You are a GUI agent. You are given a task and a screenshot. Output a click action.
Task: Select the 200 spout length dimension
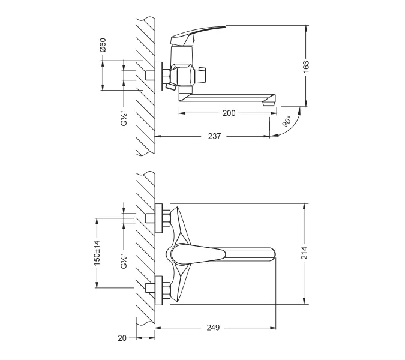point(229,113)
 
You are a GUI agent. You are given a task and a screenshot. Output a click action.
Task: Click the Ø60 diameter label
point(103,46)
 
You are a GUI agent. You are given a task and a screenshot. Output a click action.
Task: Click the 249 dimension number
point(213,328)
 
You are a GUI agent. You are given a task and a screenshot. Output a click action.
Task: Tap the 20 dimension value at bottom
point(122,338)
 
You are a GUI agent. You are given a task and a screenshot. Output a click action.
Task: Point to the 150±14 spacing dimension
point(96,253)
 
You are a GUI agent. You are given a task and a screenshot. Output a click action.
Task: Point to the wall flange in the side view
point(159,77)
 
